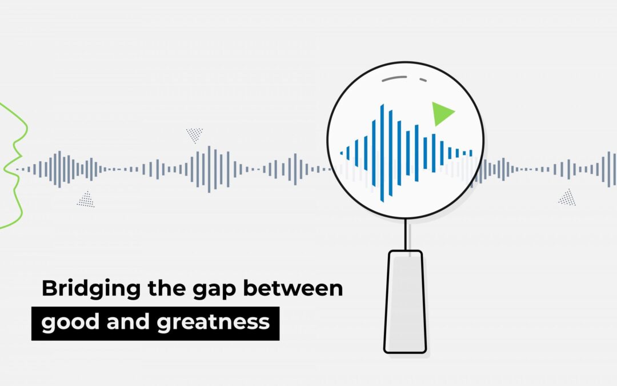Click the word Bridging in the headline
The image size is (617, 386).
click(x=91, y=289)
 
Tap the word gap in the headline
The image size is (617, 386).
click(x=214, y=291)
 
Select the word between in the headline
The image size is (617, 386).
click(x=293, y=288)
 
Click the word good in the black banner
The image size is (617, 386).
click(x=70, y=323)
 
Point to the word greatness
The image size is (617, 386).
click(x=213, y=323)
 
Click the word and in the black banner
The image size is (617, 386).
click(x=129, y=321)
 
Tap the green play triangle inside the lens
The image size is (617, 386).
click(x=442, y=113)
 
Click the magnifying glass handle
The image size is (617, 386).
click(x=405, y=301)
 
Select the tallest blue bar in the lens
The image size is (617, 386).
click(x=382, y=153)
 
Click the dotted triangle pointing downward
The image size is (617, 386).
click(x=194, y=134)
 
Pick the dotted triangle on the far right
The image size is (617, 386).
click(x=567, y=198)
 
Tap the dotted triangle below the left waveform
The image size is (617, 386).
click(x=86, y=200)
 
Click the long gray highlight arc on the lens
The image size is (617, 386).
click(x=394, y=78)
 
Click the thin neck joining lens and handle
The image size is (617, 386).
click(x=405, y=234)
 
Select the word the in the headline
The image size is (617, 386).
click(x=166, y=288)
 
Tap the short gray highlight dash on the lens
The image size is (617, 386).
click(x=423, y=80)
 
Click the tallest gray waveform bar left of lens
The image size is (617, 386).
click(x=209, y=169)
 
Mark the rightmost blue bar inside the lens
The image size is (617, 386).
click(x=471, y=153)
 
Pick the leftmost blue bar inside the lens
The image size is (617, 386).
click(x=341, y=153)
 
